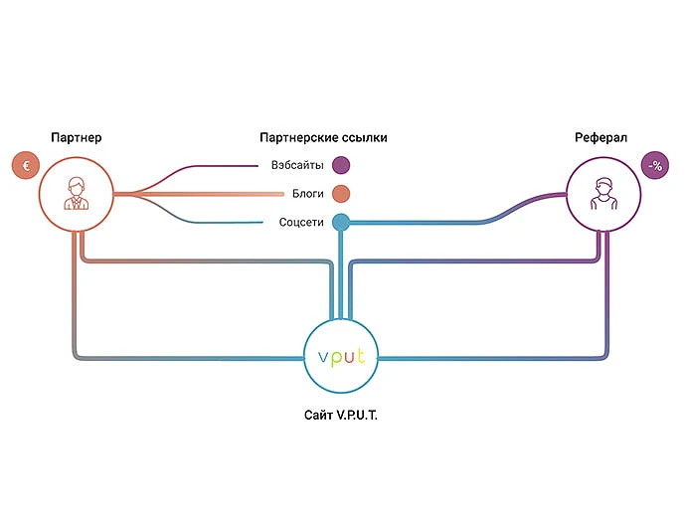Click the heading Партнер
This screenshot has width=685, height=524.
tap(76, 137)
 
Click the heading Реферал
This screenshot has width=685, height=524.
tap(600, 137)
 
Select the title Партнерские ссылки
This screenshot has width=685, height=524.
tap(323, 137)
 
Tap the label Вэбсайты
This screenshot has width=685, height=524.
tap(297, 165)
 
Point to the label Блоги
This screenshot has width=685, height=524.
tap(308, 194)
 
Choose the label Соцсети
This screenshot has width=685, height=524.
tap(301, 223)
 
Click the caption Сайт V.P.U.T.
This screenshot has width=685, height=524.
tap(341, 415)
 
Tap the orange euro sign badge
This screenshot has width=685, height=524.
tap(26, 165)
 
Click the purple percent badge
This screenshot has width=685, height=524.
tap(655, 165)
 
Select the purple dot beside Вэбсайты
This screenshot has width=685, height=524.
tap(341, 165)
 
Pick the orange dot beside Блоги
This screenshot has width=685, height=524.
tap(341, 194)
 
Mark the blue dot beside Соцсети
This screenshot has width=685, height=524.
tap(341, 223)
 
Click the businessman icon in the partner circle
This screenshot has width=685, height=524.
tap(77, 194)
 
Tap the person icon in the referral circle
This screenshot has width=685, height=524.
tap(603, 194)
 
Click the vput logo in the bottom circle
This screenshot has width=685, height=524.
tap(341, 356)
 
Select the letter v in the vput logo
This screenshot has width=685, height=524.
tap(323, 358)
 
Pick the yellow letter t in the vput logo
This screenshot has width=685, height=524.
tap(361, 355)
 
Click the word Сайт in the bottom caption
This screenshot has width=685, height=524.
tap(317, 415)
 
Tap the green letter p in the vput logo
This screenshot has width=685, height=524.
tap(335, 358)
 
